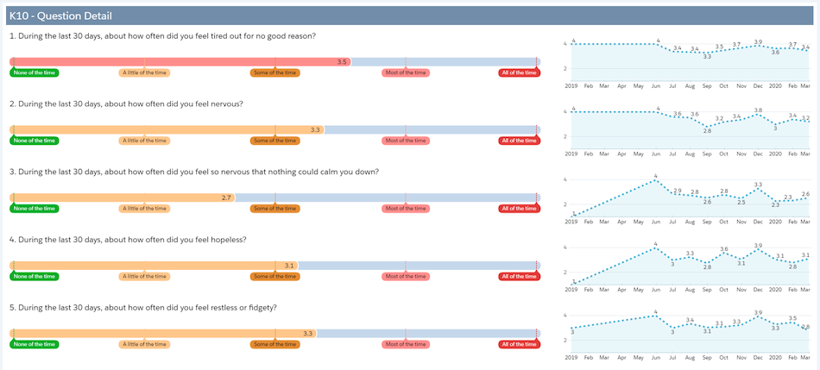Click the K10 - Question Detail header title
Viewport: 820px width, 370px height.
(x=60, y=16)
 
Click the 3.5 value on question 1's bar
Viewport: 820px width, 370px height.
(x=342, y=62)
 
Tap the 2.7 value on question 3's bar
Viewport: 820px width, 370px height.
(x=226, y=198)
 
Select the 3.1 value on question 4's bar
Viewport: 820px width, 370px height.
(x=290, y=266)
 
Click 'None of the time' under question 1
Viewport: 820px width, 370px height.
(x=35, y=72)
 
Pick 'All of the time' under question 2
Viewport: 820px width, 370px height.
(x=519, y=141)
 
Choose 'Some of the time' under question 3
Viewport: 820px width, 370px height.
(x=275, y=208)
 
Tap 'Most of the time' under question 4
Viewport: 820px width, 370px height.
(x=406, y=276)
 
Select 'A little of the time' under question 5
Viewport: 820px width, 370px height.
(x=144, y=344)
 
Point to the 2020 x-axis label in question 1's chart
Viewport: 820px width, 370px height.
(x=775, y=86)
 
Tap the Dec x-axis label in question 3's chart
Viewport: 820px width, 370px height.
(x=758, y=222)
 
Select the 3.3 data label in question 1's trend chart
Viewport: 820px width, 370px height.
(x=707, y=56)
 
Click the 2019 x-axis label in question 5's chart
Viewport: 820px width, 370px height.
(x=571, y=357)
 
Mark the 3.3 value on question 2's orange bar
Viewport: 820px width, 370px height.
(x=316, y=130)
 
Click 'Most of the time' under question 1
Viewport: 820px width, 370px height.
(x=406, y=72)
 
